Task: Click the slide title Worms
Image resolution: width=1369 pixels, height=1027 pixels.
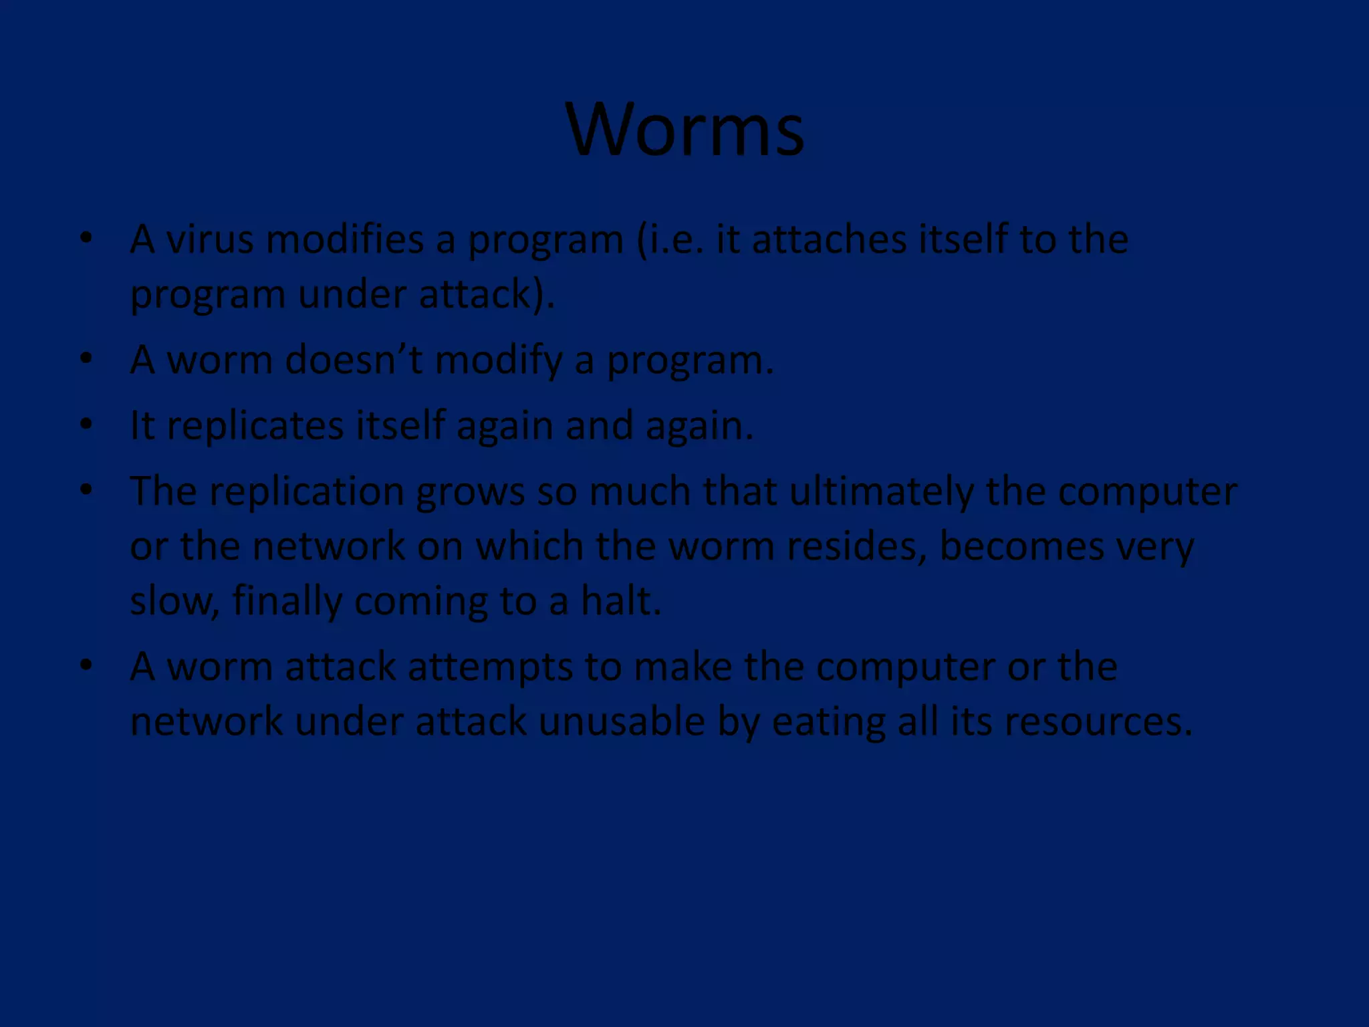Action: coord(684,130)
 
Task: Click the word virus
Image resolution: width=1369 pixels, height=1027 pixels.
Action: coord(210,239)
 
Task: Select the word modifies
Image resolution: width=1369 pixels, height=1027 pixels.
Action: coord(345,239)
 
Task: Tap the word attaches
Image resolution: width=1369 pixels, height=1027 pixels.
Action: coord(829,239)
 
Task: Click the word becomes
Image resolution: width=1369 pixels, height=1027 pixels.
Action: coord(1021,546)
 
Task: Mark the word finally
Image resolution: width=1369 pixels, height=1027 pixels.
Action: coord(287,601)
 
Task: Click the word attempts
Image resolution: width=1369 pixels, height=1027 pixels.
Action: coord(490,667)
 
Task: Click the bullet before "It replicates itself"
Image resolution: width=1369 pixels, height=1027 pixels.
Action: coord(86,425)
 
